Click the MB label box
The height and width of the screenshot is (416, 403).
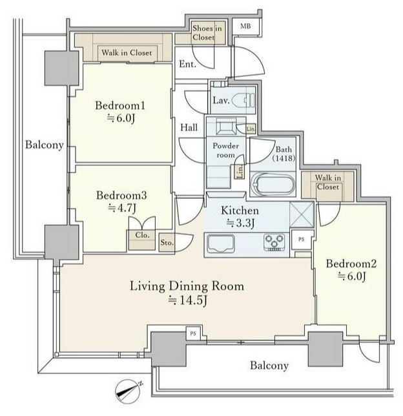click(x=245, y=26)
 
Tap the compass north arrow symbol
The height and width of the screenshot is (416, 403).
click(x=129, y=391)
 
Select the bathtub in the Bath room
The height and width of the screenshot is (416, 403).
click(x=273, y=184)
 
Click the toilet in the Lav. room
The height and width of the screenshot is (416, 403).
click(x=243, y=101)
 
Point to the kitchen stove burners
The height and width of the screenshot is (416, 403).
click(x=274, y=242)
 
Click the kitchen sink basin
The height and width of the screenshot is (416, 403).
click(x=221, y=244)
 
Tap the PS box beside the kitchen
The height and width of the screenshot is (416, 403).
click(x=302, y=239)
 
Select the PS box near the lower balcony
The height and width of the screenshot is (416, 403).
click(x=193, y=333)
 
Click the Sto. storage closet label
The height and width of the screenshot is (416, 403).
click(x=167, y=242)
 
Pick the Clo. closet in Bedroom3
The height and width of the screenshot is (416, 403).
click(x=142, y=240)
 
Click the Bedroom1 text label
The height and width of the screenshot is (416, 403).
click(x=120, y=105)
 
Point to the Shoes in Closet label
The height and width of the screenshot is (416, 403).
click(x=207, y=33)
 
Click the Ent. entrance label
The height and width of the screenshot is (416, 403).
click(x=187, y=64)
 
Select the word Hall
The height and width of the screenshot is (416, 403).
click(x=189, y=127)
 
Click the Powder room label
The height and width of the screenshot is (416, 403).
click(x=226, y=150)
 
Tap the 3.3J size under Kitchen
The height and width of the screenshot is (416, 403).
click(x=240, y=223)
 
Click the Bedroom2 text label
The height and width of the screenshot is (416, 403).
click(x=351, y=264)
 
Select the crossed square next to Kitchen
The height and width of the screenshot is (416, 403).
click(x=302, y=214)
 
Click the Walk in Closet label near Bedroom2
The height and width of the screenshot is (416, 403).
click(x=328, y=182)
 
